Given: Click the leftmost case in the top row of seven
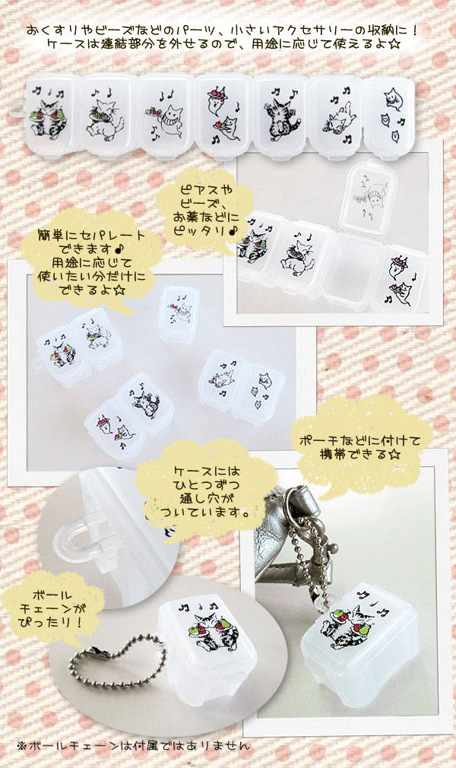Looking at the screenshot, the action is (x=52, y=116).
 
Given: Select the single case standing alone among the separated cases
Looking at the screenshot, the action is (x=179, y=313).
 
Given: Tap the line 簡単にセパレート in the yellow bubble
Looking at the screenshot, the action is (x=92, y=235).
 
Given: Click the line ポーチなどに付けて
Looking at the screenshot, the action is (x=359, y=440).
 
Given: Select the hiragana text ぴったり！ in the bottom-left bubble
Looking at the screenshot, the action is (x=52, y=623).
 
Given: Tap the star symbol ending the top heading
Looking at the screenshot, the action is (x=394, y=44).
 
